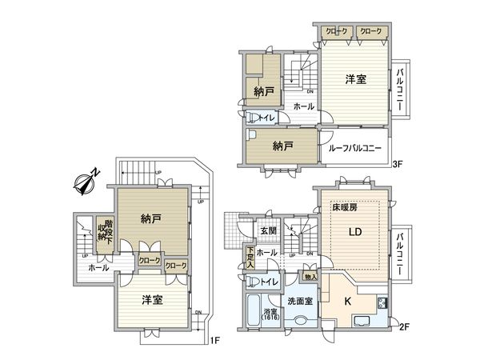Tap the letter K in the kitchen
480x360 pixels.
(347, 302)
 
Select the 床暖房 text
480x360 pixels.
(345, 207)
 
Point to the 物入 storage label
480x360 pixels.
(311, 277)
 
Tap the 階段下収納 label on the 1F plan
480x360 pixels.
(102, 234)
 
